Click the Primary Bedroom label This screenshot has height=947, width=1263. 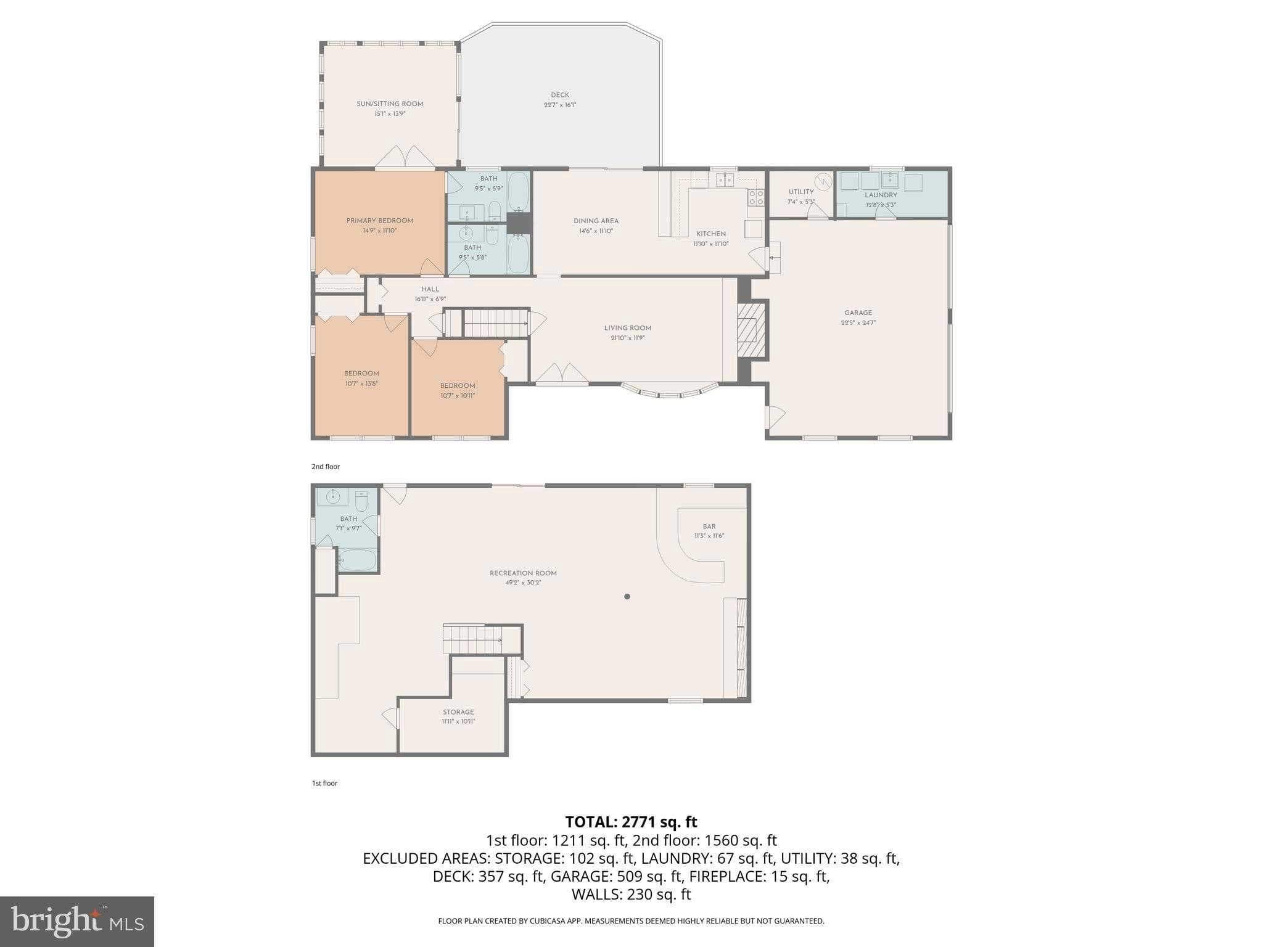pos(379,221)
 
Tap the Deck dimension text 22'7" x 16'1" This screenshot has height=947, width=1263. pos(560,105)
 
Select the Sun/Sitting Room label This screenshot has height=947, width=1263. pos(390,104)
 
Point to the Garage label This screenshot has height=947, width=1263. pos(858,313)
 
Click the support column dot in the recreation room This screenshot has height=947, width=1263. pos(627,596)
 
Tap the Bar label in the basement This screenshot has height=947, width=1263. pos(709,527)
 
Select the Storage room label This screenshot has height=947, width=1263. pos(458,712)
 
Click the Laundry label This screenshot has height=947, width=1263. pos(881,195)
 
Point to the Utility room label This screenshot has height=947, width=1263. pos(801,192)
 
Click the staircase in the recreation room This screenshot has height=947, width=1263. pos(473,639)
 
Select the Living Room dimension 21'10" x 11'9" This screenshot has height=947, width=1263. pos(628,338)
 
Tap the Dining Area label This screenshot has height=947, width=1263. pos(596,221)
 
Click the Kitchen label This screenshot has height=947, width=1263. pos(711,234)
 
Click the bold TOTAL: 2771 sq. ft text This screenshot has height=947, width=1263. pos(631,822)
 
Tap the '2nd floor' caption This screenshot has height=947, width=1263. pos(326,467)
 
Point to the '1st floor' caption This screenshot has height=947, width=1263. pos(325,783)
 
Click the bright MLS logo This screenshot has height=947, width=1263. pos(76,921)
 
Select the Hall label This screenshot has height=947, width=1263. pos(430,289)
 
